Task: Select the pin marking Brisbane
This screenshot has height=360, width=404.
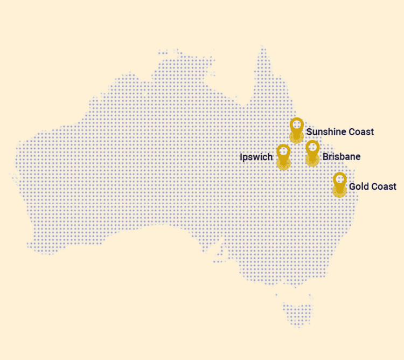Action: pyautogui.click(x=312, y=152)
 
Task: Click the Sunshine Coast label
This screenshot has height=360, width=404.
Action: pyautogui.click(x=340, y=131)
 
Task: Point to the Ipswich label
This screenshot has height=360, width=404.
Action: pyautogui.click(x=256, y=157)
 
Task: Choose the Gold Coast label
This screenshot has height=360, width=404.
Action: pyautogui.click(x=373, y=187)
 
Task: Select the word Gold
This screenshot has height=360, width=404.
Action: pyautogui.click(x=359, y=187)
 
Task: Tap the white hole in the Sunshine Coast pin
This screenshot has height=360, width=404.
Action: pyautogui.click(x=296, y=125)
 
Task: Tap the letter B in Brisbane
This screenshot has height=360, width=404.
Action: pyautogui.click(x=326, y=157)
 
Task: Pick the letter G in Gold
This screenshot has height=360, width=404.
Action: pyautogui.click(x=352, y=187)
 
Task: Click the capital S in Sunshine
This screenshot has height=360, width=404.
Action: pyautogui.click(x=309, y=131)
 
